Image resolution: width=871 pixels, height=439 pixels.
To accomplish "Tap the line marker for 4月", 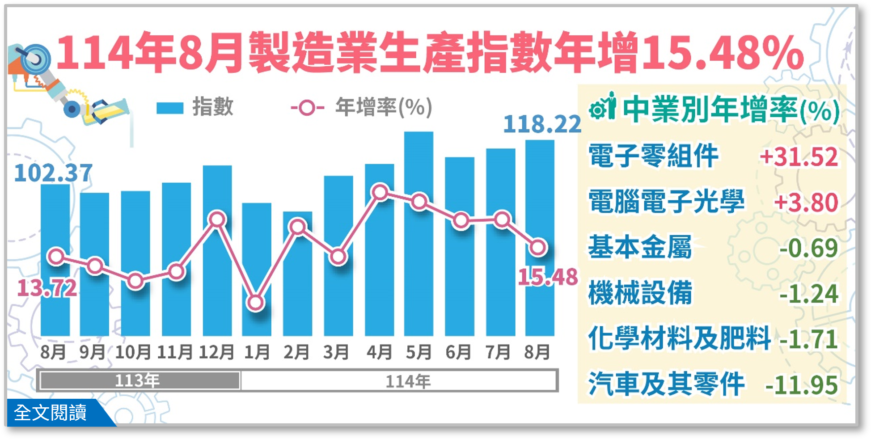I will [x=380, y=193].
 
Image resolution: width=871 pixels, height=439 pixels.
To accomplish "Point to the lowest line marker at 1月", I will [x=256, y=303].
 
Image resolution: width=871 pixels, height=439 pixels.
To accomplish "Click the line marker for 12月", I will [x=218, y=219].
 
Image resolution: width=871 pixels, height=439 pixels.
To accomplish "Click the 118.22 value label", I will [x=541, y=124].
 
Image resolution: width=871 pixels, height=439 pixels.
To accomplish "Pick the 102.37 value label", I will [x=53, y=173].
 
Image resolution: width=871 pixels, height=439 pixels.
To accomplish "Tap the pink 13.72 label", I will [x=47, y=288].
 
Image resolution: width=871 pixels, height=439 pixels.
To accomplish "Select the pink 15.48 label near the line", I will [x=548, y=278].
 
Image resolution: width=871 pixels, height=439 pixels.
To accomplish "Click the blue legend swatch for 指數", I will [x=170, y=108].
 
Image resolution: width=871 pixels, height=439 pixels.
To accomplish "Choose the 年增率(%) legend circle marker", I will [x=307, y=108].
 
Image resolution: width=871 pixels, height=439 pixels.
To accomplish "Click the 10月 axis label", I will [x=133, y=352].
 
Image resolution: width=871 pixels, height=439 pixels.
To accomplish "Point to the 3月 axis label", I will [x=336, y=352].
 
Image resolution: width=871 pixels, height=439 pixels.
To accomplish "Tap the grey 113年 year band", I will [x=139, y=380].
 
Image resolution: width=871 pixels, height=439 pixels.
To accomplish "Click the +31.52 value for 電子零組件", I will [x=799, y=157].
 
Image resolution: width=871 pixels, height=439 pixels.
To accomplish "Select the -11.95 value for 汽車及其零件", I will [x=801, y=385].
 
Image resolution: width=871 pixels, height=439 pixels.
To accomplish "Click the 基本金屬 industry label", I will [x=640, y=247].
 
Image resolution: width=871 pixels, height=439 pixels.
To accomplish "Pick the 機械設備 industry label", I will [x=640, y=293].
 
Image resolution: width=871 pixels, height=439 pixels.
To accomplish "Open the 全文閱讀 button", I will [x=51, y=413].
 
